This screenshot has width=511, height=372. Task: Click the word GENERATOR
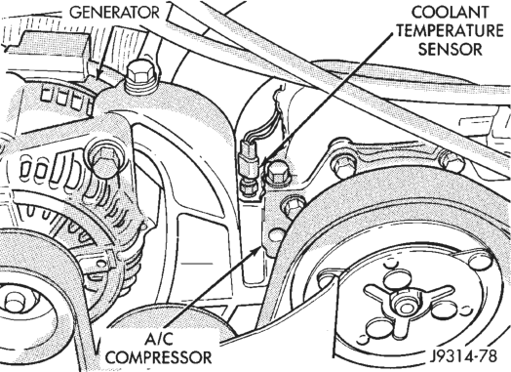pyautogui.click(x=115, y=13)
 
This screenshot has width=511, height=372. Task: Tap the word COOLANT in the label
pyautogui.click(x=451, y=13)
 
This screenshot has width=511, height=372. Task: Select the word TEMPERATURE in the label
pyautogui.click(x=451, y=31)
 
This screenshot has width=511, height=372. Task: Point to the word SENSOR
pyautogui.click(x=451, y=50)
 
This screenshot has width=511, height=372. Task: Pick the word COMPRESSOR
pyautogui.click(x=159, y=357)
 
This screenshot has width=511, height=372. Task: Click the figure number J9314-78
pyautogui.click(x=464, y=356)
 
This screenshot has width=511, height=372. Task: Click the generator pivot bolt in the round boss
pyautogui.click(x=106, y=160)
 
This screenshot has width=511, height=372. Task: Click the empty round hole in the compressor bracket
pyautogui.click(x=276, y=235)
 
